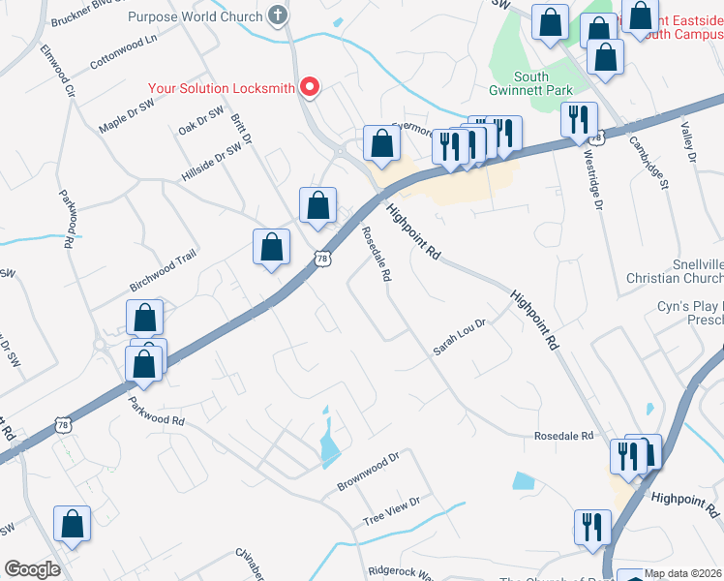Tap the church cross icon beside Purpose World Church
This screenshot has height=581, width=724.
coord(278,15)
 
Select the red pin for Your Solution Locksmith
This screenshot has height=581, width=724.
coord(310,88)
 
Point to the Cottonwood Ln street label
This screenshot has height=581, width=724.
coord(123,51)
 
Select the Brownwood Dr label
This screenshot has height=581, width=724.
coord(368,471)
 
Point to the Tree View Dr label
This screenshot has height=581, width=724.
coord(391,511)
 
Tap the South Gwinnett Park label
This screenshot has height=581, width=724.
coord(544,84)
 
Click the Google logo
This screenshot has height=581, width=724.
coord(32,569)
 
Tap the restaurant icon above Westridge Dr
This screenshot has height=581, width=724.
coord(578,120)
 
